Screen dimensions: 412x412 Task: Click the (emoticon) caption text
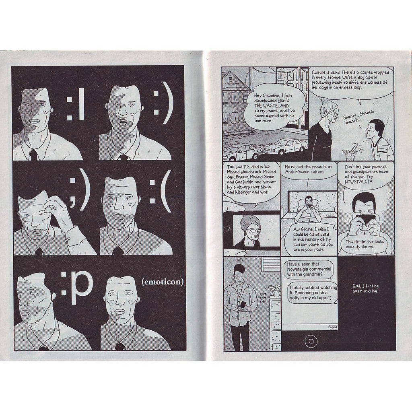point(163,282)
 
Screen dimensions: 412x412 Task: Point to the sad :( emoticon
point(160,191)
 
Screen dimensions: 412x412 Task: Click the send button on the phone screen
point(333,327)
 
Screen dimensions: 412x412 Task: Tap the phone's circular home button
point(311,341)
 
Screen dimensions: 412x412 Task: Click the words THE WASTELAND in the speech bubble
point(272,106)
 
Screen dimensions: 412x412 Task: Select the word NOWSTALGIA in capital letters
point(358,182)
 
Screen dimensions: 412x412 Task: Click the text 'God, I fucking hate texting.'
point(365,288)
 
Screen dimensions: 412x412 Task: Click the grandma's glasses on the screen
point(253,231)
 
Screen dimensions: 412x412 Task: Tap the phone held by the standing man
point(243,305)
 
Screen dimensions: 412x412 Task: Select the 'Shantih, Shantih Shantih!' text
point(358,117)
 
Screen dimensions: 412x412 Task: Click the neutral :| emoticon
point(75,104)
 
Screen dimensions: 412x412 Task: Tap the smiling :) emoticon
point(163,103)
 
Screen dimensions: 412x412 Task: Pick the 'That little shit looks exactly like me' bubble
point(365,244)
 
